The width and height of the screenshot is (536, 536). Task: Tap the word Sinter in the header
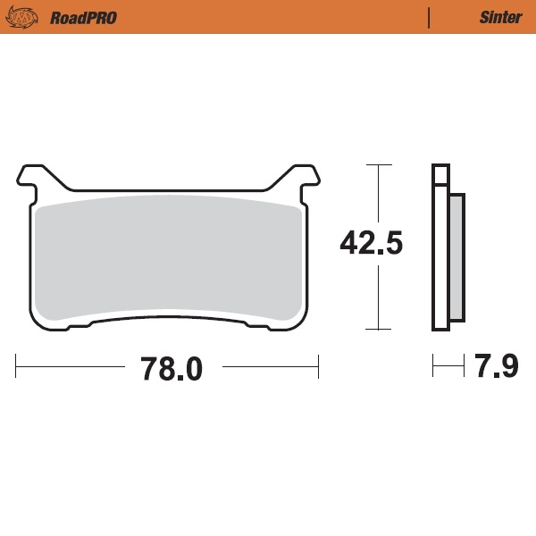[500, 17]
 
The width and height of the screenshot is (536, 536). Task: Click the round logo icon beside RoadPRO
[29, 17]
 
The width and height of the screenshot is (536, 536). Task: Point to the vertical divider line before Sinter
[430, 17]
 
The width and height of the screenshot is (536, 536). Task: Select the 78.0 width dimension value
[172, 368]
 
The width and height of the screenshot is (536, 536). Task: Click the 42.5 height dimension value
[372, 243]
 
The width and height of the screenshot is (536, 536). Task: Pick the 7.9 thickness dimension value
[498, 366]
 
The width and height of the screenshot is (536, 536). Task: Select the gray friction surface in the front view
[167, 259]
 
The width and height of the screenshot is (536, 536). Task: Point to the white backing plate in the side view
[439, 259]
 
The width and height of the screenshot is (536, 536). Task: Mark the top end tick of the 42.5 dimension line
[379, 166]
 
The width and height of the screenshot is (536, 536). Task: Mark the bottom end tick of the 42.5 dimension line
[379, 329]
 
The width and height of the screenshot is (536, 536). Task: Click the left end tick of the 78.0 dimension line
[16, 365]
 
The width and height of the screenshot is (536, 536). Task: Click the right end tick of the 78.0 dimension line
[318, 365]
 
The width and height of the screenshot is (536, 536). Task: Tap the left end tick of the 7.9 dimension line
[433, 365]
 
